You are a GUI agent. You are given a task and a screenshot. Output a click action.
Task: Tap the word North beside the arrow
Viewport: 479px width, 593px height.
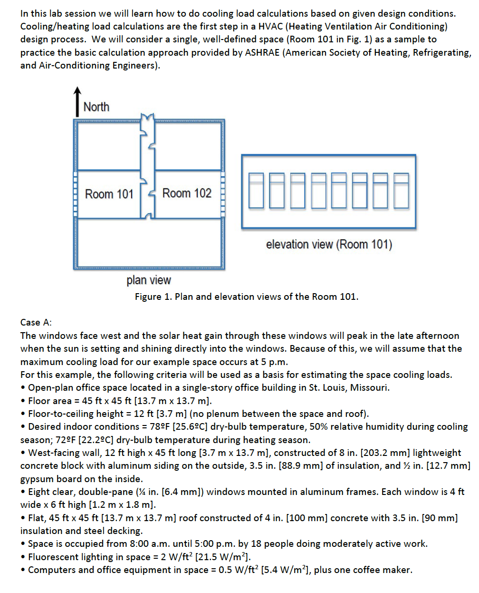[96, 107]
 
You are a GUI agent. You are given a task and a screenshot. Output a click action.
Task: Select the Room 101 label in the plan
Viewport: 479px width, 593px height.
[109, 194]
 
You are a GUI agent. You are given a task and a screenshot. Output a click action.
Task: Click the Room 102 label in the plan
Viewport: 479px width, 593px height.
[187, 193]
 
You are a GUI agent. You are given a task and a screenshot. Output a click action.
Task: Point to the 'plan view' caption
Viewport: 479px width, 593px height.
[149, 280]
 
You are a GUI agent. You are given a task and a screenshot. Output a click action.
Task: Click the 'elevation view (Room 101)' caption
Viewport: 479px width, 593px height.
[329, 245]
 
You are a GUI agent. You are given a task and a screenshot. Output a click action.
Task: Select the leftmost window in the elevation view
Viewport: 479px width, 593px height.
[256, 191]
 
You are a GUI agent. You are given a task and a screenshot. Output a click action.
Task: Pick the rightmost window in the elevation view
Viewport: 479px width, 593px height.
[402, 191]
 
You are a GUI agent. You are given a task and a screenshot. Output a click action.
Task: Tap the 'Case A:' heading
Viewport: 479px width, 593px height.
[36, 323]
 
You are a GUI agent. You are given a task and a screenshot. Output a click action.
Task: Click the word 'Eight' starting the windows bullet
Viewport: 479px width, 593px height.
[39, 492]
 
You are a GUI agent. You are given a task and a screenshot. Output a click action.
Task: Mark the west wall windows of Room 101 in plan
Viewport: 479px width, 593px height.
[75, 194]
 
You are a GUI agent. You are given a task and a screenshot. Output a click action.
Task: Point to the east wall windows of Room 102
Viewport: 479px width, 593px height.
[223, 194]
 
